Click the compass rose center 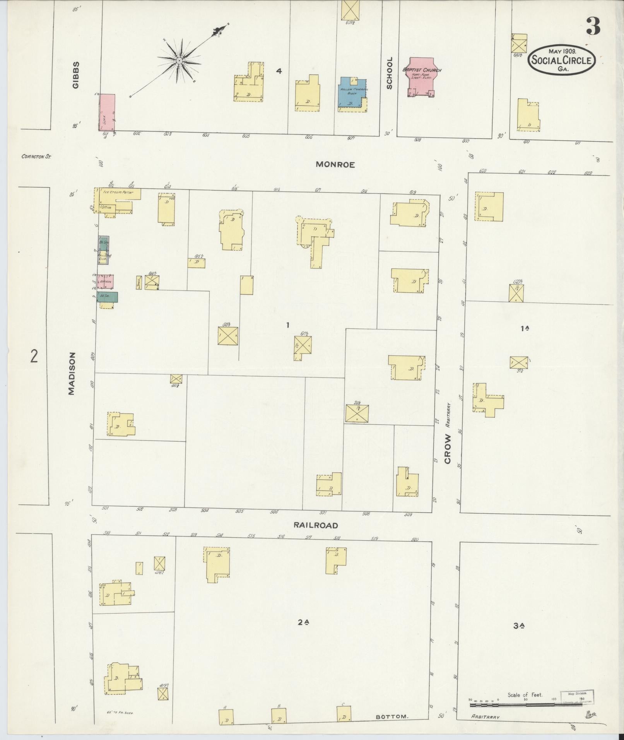(x=180, y=61)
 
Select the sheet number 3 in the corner (x=592, y=26)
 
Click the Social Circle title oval (x=562, y=60)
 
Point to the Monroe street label (x=335, y=164)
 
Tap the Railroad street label (x=316, y=525)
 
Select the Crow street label (x=448, y=449)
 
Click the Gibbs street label (x=75, y=75)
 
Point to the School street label (x=389, y=73)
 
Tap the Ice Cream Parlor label (x=118, y=192)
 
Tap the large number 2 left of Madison (x=34, y=356)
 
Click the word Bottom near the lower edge (x=391, y=717)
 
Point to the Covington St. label (x=36, y=157)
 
